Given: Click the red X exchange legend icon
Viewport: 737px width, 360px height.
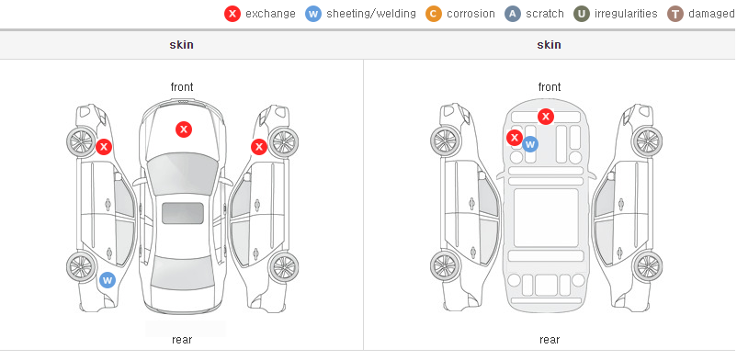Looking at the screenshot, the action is pos(232,14).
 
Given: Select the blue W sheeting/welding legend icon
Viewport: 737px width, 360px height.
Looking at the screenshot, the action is pos(313,14).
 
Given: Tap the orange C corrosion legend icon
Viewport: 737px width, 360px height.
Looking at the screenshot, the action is pos(434,14).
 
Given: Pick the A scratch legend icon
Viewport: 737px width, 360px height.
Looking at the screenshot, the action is pos(513,14).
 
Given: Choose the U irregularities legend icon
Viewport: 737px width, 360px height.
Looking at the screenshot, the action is pos(582,14).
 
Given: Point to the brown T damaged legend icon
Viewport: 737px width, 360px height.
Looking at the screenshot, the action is pos(675,14).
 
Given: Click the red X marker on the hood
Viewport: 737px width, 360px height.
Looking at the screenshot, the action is pos(184,129).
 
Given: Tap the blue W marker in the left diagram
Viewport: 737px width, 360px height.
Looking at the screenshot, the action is pos(108,281).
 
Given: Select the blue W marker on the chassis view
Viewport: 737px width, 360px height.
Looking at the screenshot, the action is pos(530,144).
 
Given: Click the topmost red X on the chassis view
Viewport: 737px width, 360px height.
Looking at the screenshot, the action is pos(546,116).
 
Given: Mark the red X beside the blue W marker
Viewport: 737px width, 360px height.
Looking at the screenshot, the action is pos(515,138).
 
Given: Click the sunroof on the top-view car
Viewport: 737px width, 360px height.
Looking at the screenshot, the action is pos(183,213).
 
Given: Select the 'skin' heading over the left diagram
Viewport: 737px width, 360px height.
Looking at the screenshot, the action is pos(181,45).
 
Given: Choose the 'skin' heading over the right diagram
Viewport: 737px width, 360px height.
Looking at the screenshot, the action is pos(549,45).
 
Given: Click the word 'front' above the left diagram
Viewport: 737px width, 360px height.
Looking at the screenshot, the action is pos(182,87).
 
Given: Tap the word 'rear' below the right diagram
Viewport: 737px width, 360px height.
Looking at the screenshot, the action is pos(550,340).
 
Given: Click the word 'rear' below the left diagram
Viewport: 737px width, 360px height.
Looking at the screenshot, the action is pos(182,340).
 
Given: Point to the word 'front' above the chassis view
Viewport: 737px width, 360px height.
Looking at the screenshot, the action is pos(550,87).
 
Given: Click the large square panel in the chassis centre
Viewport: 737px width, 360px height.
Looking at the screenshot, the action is pos(546,218).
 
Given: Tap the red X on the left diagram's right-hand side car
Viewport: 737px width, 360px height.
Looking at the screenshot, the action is pos(258,147).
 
